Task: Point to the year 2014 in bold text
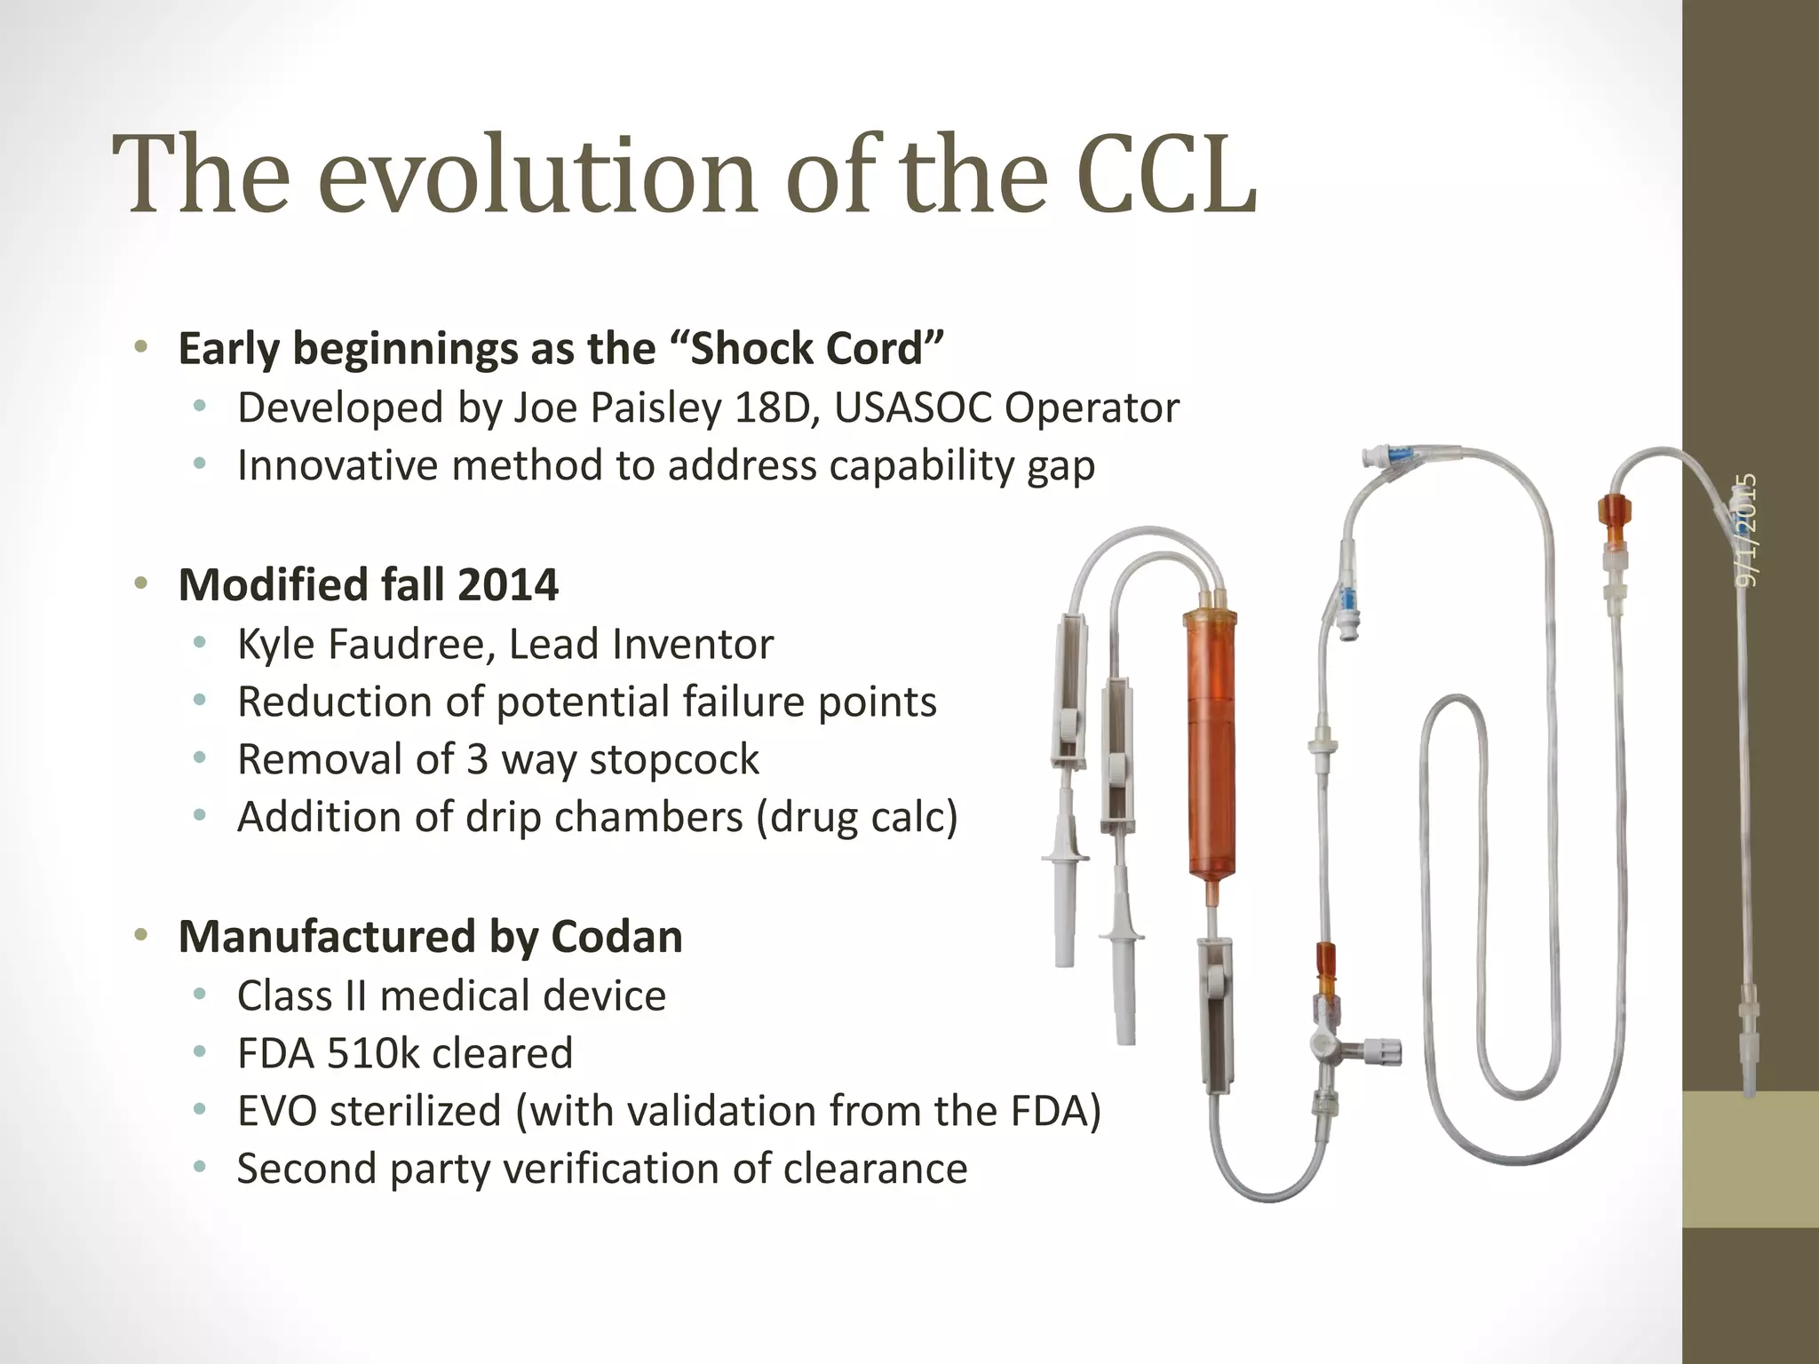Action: pos(508,585)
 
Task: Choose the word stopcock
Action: pos(674,760)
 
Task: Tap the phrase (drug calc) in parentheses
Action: pos(857,817)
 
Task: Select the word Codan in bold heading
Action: pos(616,937)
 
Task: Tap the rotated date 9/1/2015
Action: pos(1746,530)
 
